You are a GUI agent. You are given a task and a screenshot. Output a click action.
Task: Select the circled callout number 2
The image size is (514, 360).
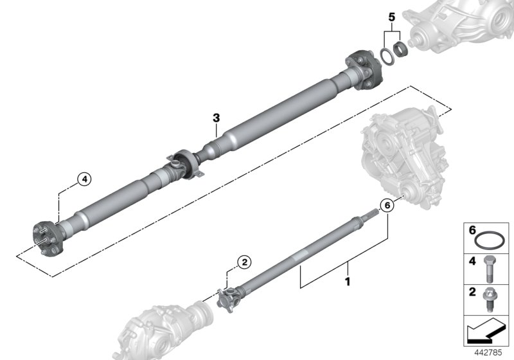[x=244, y=262]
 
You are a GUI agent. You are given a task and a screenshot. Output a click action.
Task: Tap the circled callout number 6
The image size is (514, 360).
[x=386, y=206]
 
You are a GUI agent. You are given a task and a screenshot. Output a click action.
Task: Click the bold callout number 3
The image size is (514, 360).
[x=217, y=118]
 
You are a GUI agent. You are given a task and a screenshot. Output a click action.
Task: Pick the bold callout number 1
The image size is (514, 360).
[x=348, y=281]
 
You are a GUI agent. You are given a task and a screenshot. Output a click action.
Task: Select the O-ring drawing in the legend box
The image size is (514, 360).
[x=489, y=241]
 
